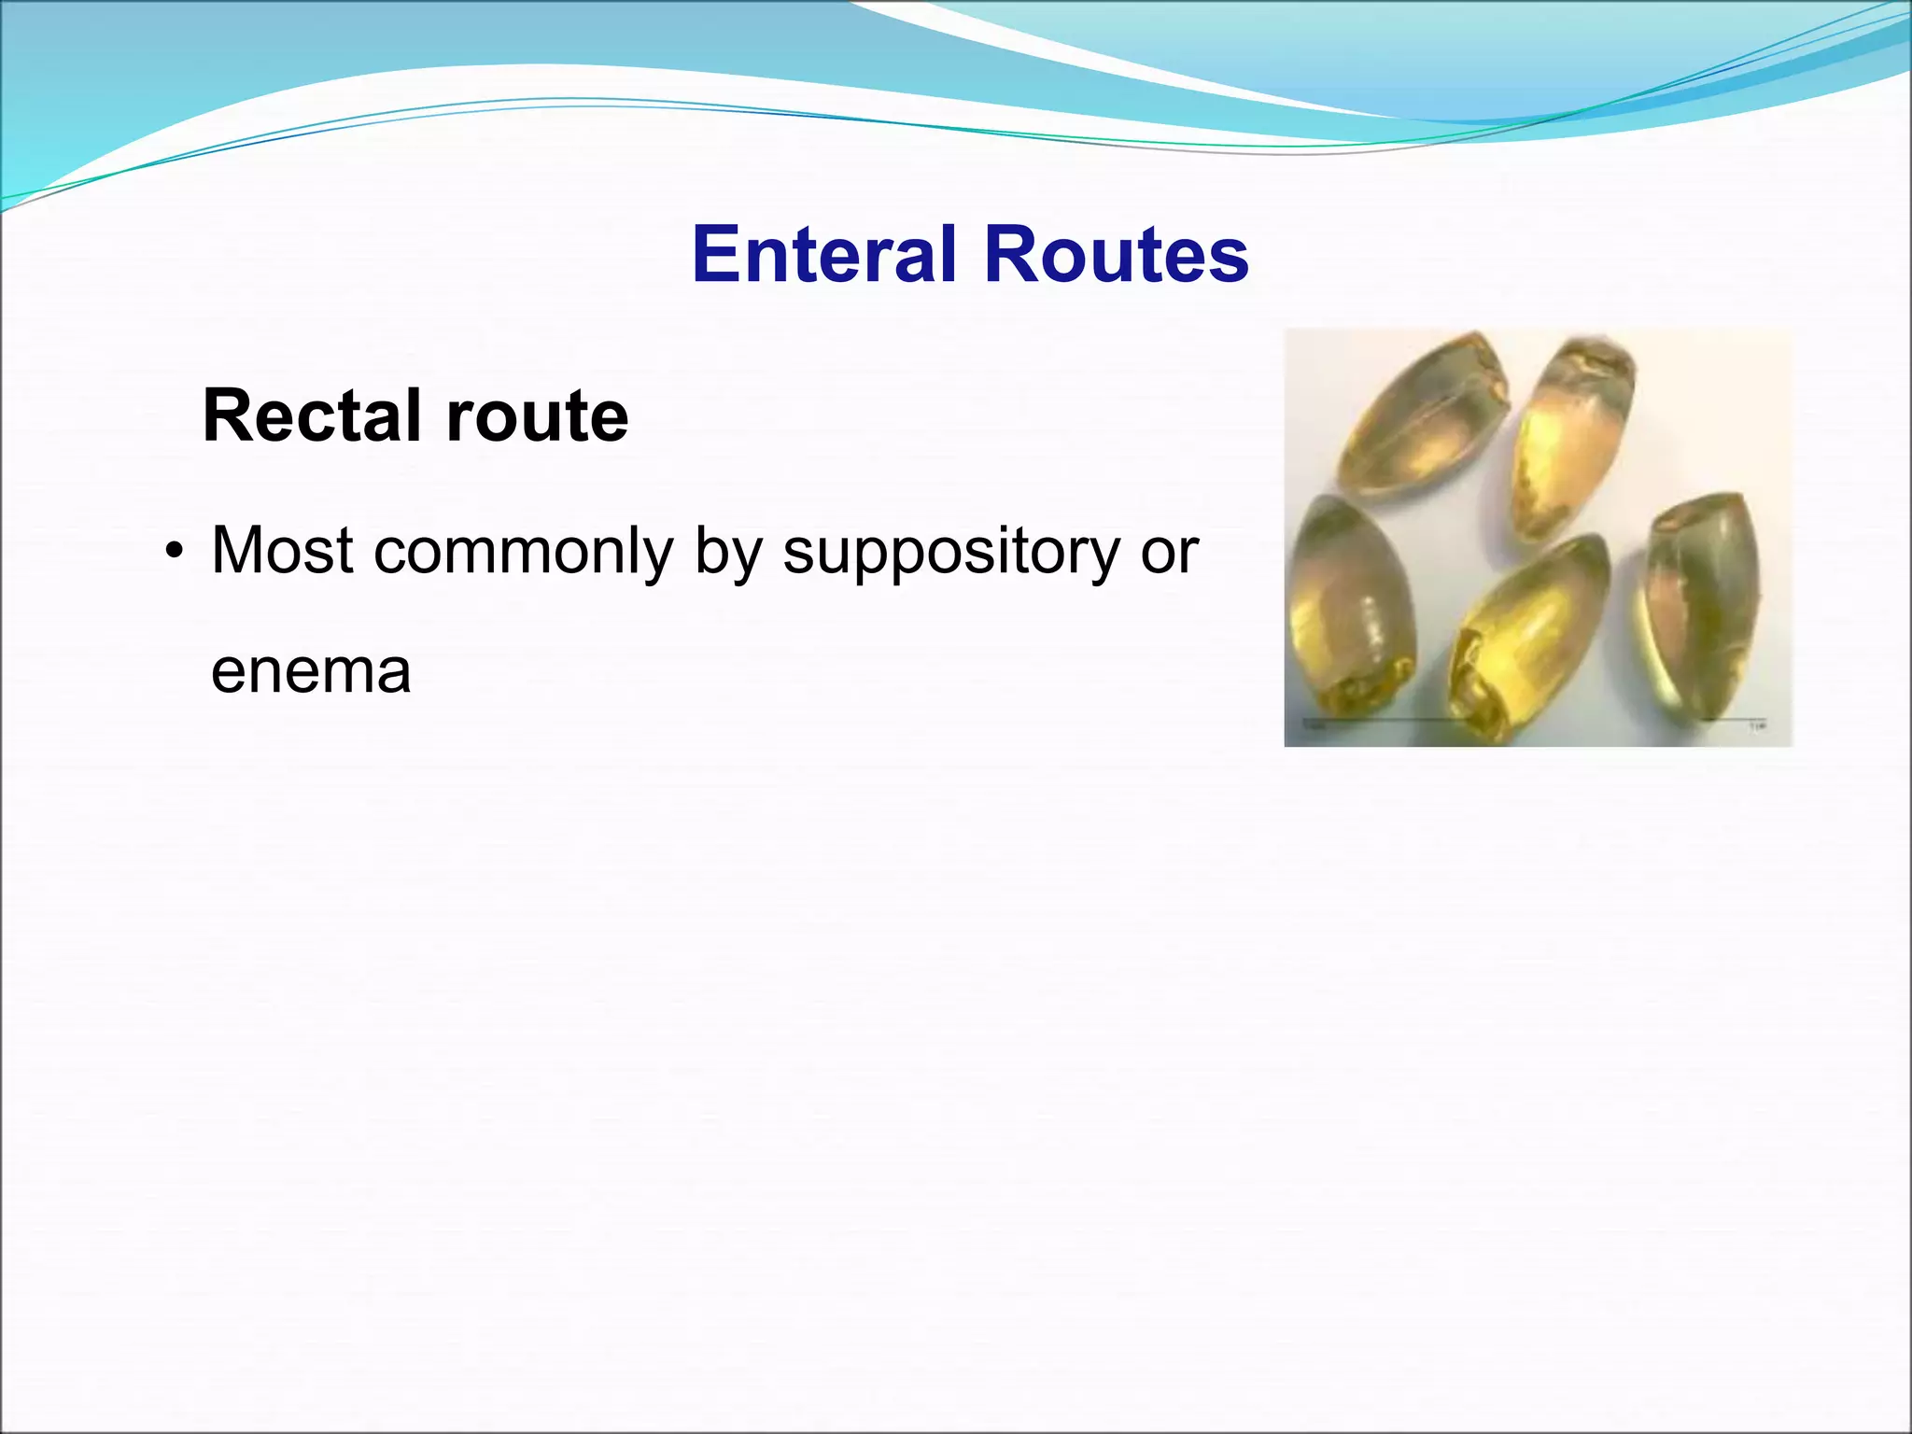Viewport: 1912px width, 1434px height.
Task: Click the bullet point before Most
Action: [173, 553]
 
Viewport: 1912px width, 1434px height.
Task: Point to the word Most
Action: [283, 551]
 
